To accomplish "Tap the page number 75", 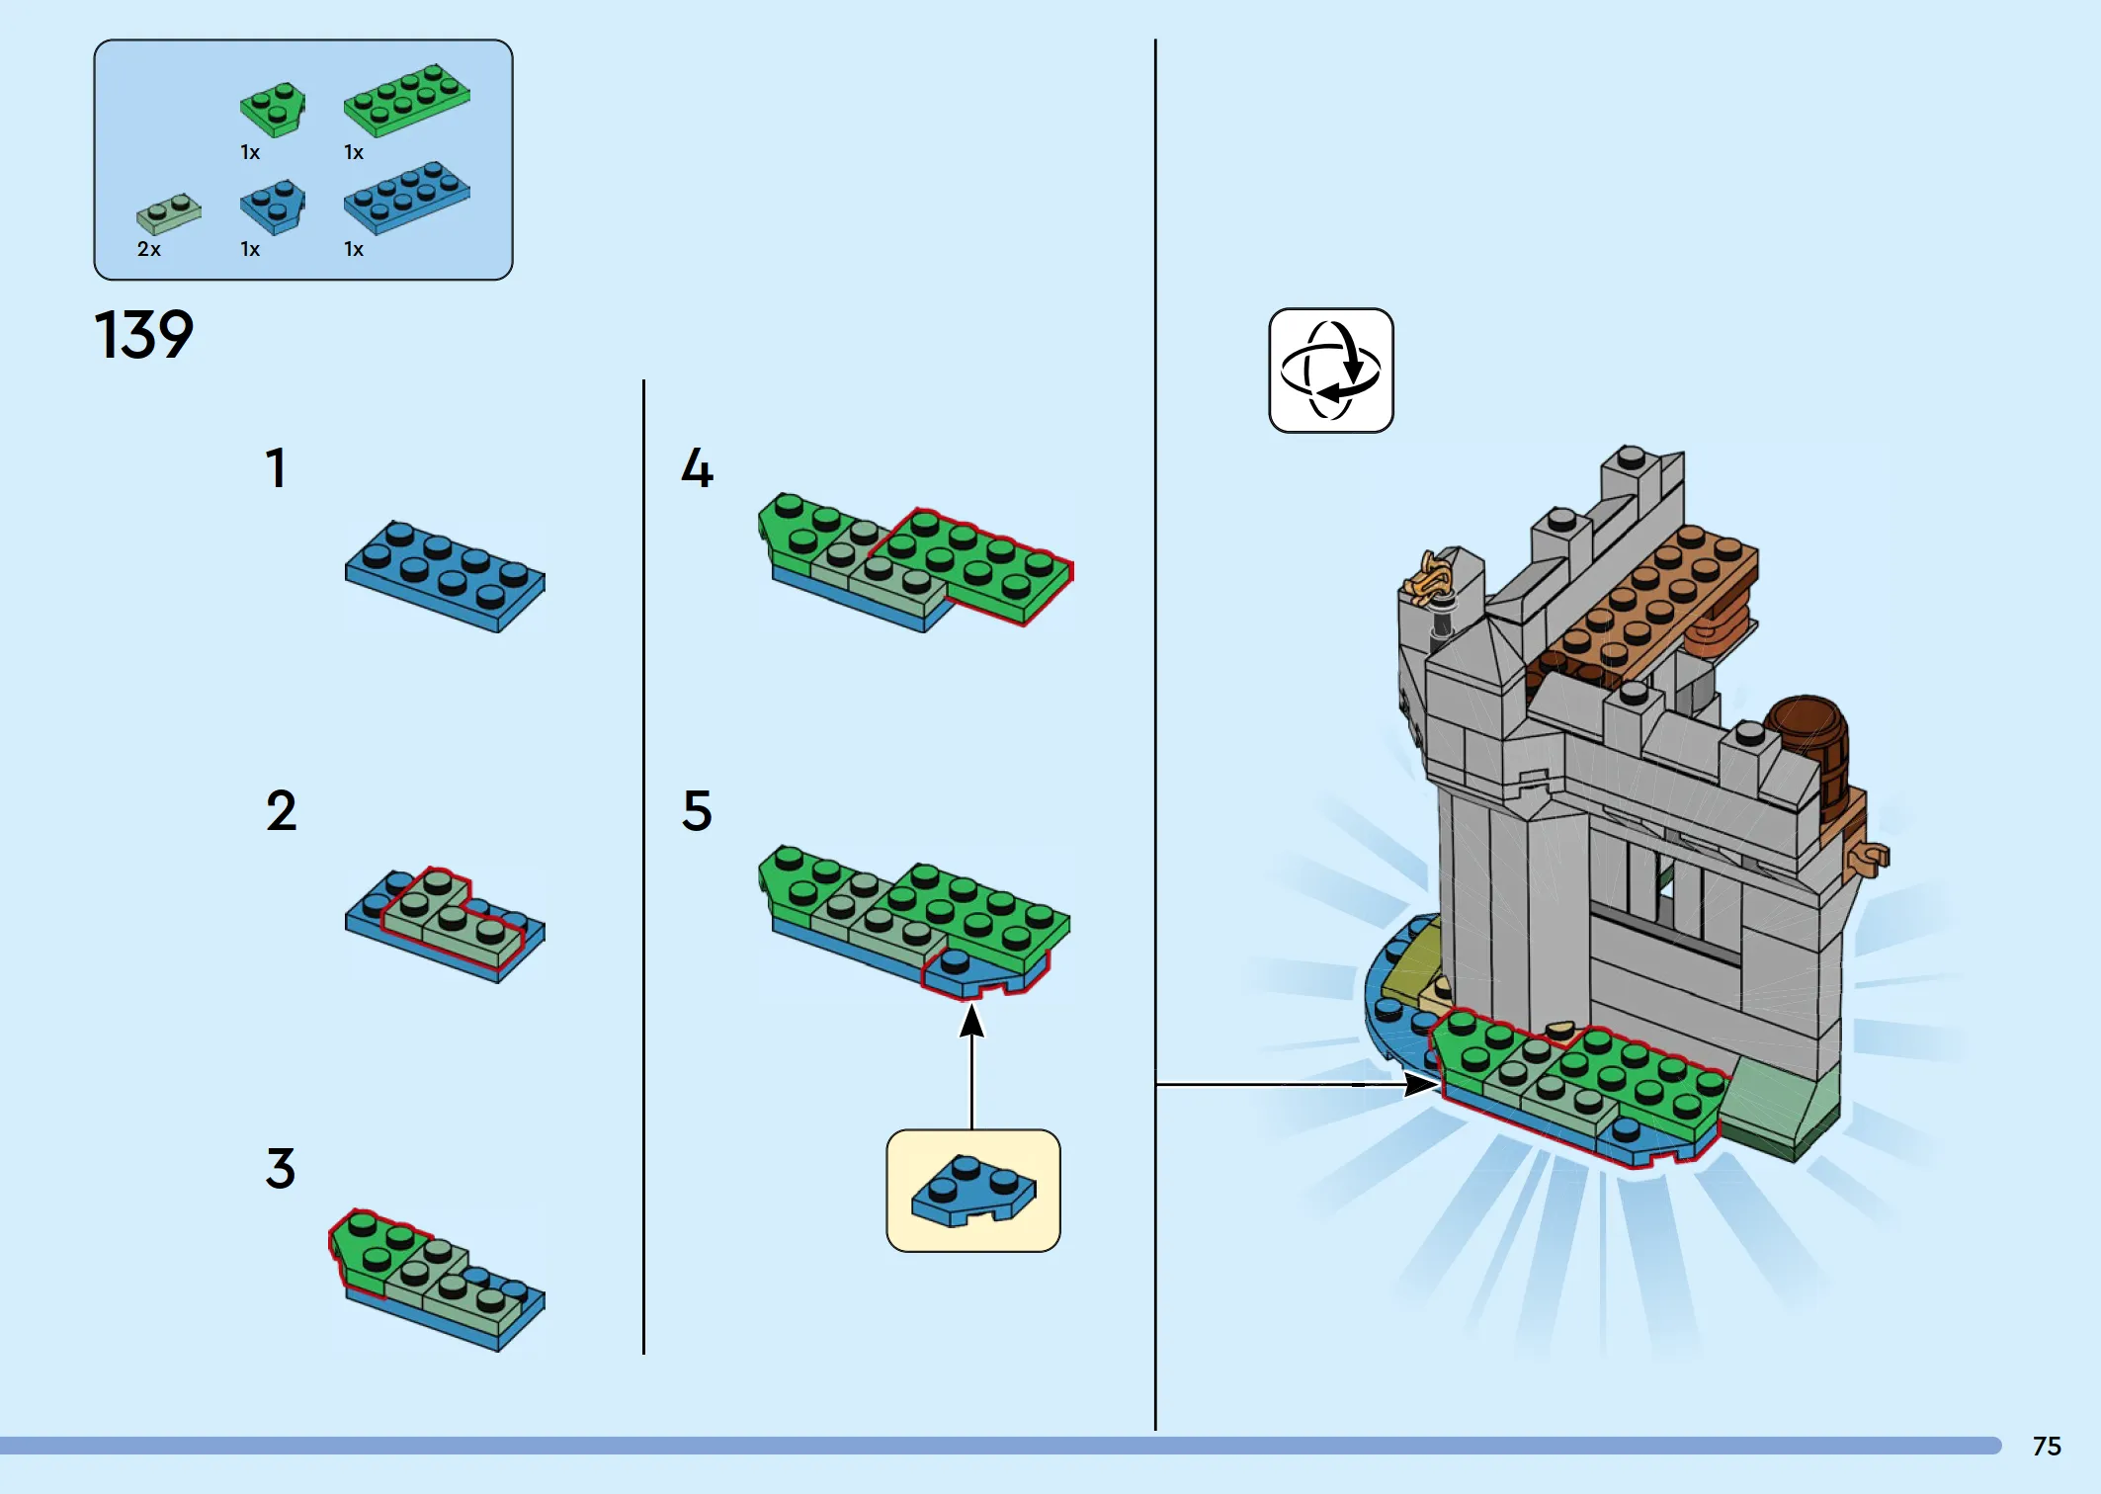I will [x=2047, y=1446].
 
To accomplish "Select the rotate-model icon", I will [x=1330, y=371].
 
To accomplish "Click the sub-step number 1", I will [x=276, y=467].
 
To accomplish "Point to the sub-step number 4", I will [x=697, y=467].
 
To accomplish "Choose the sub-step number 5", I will [x=697, y=810].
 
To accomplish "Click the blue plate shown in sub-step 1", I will [x=445, y=575].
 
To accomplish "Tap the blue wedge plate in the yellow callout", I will [x=973, y=1189].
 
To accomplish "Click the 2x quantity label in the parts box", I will [x=149, y=249].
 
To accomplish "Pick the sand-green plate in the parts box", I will [x=169, y=212].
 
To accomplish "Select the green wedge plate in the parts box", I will [x=273, y=108].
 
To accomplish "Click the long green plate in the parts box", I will [x=406, y=99].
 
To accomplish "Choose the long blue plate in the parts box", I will [x=406, y=197].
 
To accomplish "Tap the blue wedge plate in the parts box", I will [x=273, y=206].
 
